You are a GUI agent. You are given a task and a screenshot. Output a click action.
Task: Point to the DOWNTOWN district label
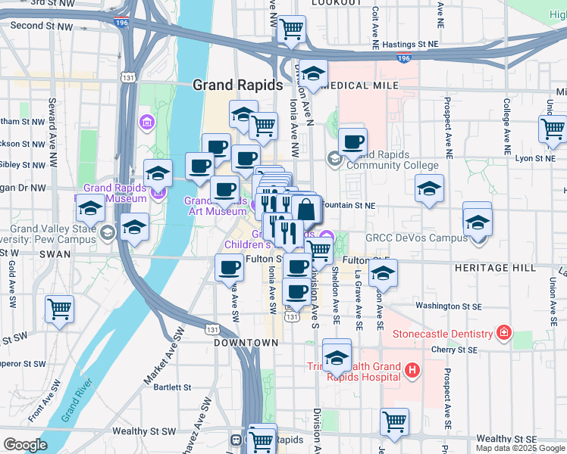click(246, 343)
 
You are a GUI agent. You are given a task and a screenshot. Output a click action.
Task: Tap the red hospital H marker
click(412, 370)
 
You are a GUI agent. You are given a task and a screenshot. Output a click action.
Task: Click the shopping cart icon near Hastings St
click(291, 30)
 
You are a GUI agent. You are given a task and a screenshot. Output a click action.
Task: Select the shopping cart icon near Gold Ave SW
click(59, 309)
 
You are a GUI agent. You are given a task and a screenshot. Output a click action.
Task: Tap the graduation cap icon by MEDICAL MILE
click(312, 73)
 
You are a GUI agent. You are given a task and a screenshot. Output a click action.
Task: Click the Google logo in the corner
click(26, 445)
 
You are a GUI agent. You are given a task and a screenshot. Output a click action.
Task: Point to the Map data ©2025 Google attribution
click(520, 448)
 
